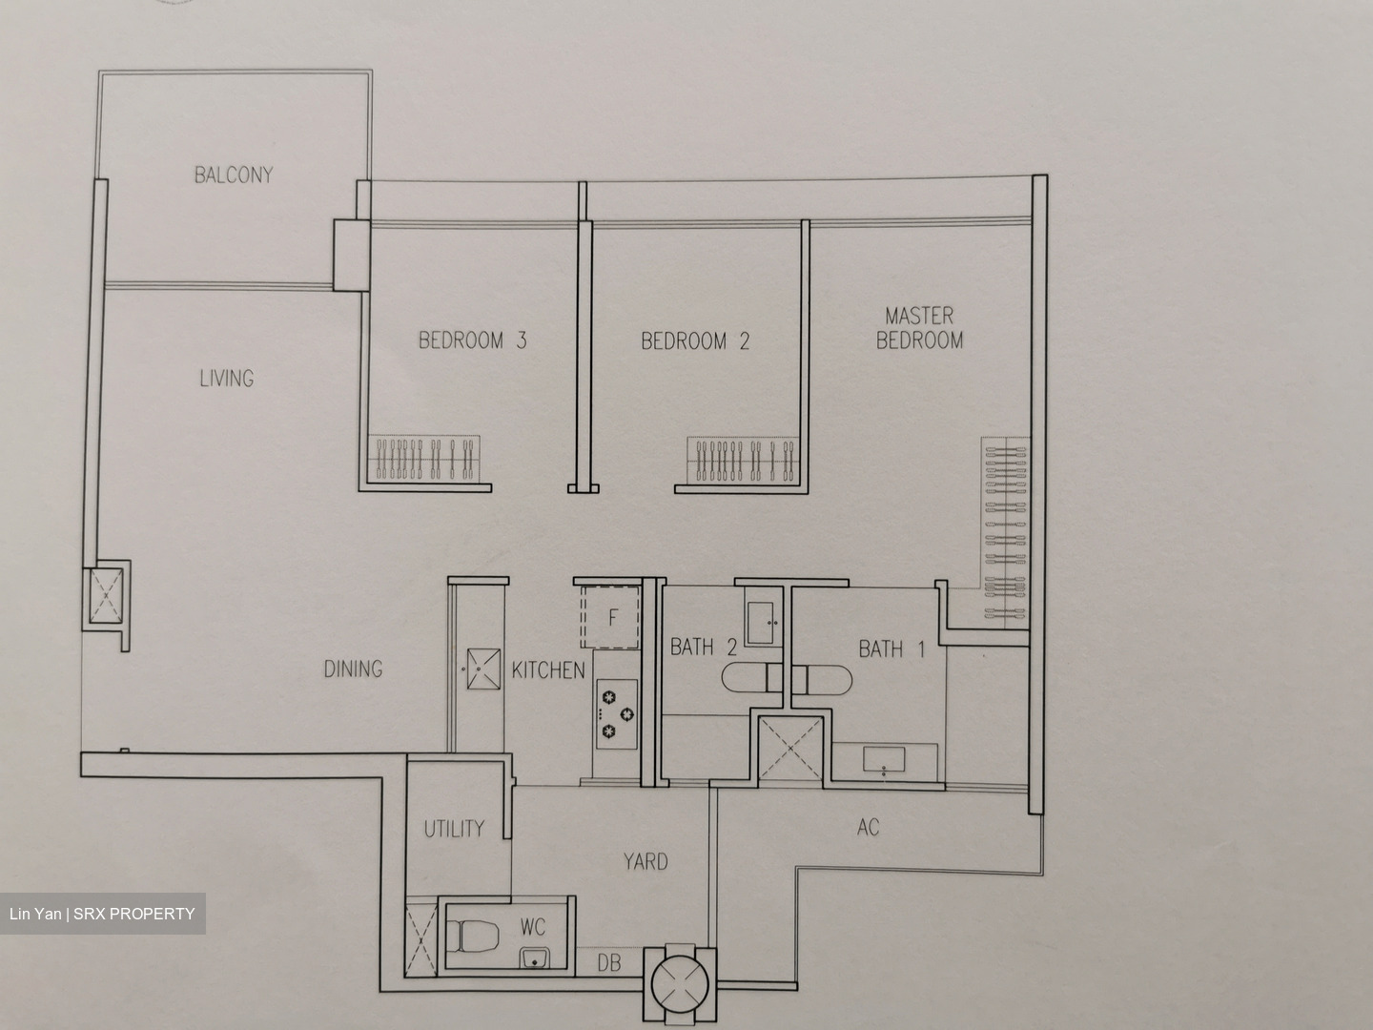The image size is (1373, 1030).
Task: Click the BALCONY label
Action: [x=234, y=175]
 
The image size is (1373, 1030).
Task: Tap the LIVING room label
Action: [x=226, y=379]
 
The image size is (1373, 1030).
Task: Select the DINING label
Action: [x=353, y=669]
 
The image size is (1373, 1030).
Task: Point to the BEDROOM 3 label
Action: [x=473, y=340]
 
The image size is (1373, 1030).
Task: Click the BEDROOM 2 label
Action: [x=695, y=340]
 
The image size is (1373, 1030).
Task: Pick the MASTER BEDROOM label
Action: [x=919, y=327]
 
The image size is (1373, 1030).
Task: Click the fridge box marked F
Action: [x=613, y=618]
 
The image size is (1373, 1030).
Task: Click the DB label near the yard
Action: [x=608, y=963]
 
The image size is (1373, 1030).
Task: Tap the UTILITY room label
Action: [x=454, y=829]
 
